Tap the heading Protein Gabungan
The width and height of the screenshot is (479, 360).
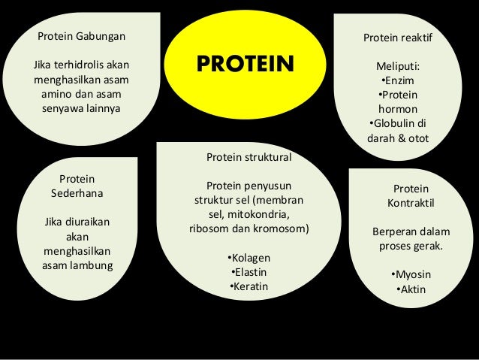click(82, 35)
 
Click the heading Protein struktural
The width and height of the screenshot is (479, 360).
click(248, 158)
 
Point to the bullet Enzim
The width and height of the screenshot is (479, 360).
click(399, 80)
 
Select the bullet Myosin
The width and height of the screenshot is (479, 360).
click(411, 274)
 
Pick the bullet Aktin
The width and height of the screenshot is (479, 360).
click(411, 289)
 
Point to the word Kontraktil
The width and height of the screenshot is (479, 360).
click(411, 203)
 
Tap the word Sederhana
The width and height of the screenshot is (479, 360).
click(77, 192)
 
